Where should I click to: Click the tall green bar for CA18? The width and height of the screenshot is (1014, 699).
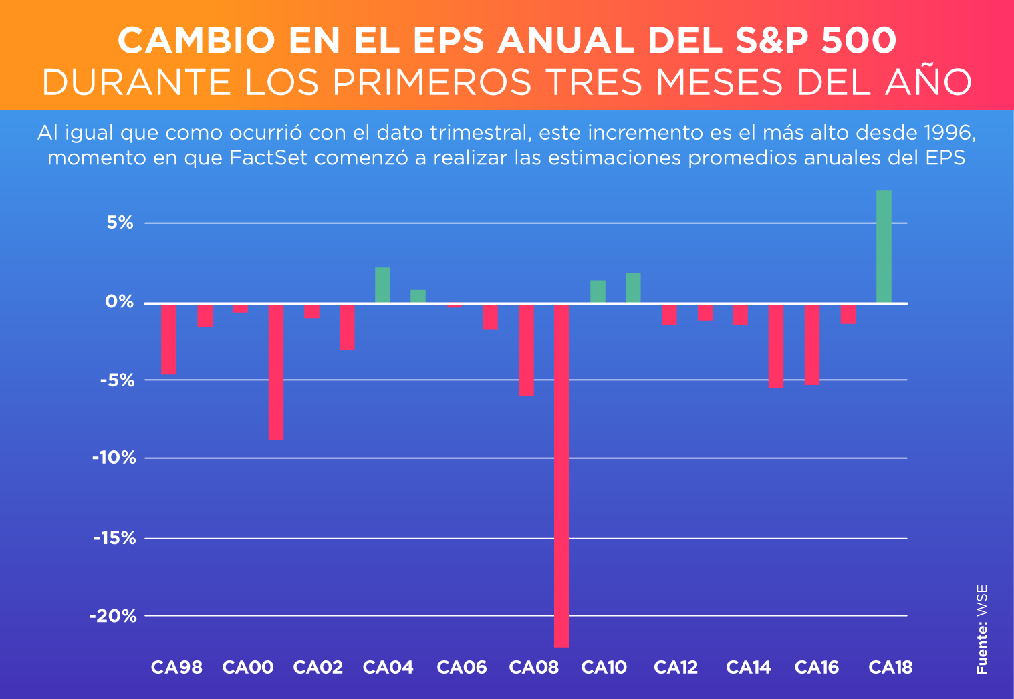[884, 247]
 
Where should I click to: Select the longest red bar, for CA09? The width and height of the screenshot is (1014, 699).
[561, 475]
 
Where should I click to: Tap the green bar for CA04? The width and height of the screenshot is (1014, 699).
[382, 285]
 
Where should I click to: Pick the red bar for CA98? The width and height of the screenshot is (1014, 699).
[168, 339]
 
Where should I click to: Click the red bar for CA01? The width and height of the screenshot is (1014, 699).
[276, 372]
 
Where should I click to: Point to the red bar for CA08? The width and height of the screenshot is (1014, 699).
[526, 349]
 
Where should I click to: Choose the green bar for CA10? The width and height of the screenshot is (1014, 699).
[598, 291]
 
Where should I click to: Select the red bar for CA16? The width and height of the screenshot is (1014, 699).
[812, 344]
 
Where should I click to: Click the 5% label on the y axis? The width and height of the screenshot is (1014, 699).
[120, 223]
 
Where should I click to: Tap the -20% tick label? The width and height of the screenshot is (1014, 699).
[113, 616]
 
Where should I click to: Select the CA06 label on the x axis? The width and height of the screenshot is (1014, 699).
[462, 667]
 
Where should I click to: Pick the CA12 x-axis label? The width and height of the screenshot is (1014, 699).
[676, 667]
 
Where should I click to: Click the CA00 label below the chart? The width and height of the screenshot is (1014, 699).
[248, 667]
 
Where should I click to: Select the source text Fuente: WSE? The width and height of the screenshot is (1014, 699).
[982, 629]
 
